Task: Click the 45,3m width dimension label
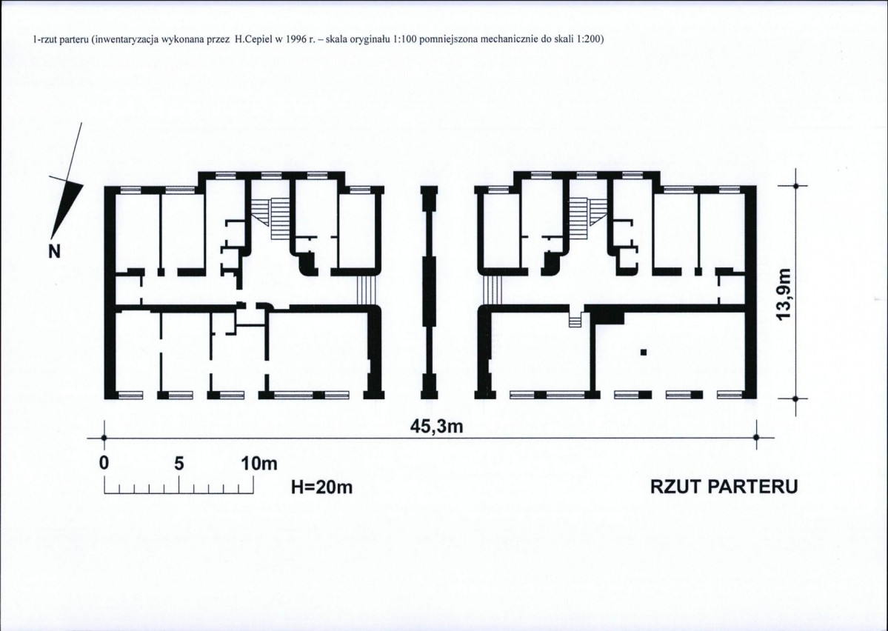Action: [436, 427]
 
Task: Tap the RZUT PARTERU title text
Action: [724, 487]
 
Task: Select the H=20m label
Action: [321, 487]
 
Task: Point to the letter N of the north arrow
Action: [54, 251]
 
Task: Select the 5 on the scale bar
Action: [179, 464]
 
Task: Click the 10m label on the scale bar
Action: [258, 464]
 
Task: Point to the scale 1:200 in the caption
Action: [588, 40]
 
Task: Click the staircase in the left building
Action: [270, 218]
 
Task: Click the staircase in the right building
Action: [588, 218]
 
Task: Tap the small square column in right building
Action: [644, 353]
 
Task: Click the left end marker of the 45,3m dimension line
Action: [104, 438]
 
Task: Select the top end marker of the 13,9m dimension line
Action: [795, 186]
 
